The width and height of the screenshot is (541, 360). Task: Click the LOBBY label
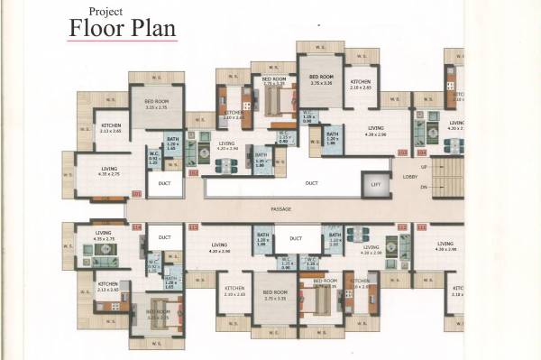tap(410, 177)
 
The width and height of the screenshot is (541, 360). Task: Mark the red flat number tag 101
tap(137, 193)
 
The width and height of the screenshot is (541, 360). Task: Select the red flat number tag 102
tap(192, 171)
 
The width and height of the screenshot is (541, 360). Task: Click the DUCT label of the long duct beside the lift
tap(311, 183)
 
